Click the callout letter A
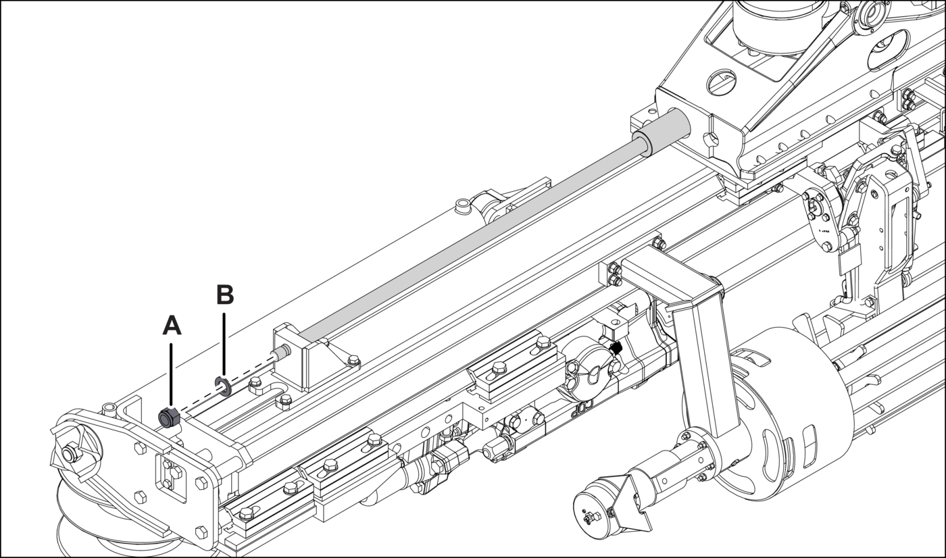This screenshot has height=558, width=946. [172, 326]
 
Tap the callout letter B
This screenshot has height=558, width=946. [225, 294]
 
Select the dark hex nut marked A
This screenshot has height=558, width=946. [170, 417]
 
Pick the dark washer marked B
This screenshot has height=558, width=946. [223, 386]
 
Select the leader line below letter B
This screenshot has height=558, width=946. [224, 345]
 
